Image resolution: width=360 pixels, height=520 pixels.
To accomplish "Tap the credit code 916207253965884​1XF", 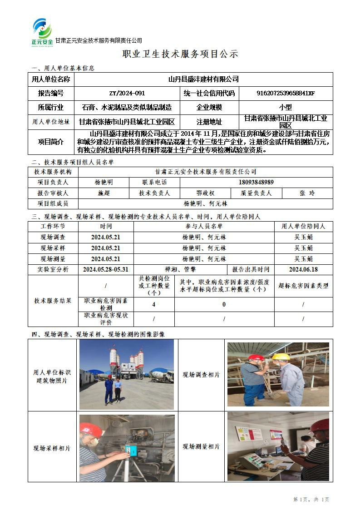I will pyautogui.click(x=286, y=94).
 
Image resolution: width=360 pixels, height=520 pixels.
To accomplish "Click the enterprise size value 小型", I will pyautogui.click(x=286, y=108).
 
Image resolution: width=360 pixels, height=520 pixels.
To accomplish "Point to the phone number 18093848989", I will pyautogui.click(x=256, y=182).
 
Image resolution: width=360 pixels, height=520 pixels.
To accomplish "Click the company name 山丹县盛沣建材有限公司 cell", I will pyautogui.click(x=203, y=79).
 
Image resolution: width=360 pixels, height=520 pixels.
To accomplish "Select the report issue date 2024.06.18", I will pyautogui.click(x=303, y=269).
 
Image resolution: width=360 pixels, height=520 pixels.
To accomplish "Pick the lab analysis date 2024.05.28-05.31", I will pyautogui.click(x=105, y=269).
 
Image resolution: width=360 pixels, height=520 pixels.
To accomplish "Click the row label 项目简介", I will pyautogui.click(x=51, y=142).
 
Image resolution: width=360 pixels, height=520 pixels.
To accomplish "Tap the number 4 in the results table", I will pyautogui.click(x=154, y=304).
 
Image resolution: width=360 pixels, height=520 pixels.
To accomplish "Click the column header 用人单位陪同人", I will pyautogui.click(x=303, y=226).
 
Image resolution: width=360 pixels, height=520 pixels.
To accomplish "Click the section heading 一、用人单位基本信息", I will pyautogui.click(x=63, y=68).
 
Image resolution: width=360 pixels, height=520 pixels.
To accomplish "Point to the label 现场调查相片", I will pyautogui.click(x=201, y=375).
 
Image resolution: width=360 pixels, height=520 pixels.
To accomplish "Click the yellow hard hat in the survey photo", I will pyautogui.click(x=281, y=357).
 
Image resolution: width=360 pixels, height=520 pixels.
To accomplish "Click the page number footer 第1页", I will pyautogui.click(x=300, y=500).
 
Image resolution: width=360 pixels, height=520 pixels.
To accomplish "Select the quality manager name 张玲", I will pyautogui.click(x=307, y=193).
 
